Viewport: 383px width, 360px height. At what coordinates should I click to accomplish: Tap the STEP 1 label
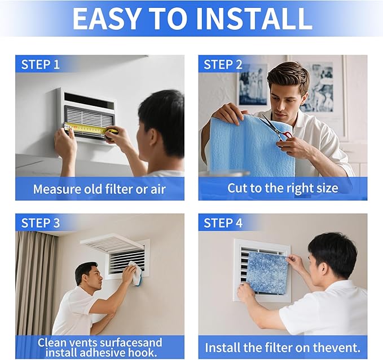40,64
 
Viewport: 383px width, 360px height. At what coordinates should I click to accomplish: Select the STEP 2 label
223,64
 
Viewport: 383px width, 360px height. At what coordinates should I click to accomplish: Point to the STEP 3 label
40,223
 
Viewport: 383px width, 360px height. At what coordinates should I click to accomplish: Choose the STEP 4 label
223,223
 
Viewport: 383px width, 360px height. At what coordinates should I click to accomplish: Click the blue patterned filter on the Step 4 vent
268,272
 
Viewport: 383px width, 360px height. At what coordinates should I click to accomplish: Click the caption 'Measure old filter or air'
99,188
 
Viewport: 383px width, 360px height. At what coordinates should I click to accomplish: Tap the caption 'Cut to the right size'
282,188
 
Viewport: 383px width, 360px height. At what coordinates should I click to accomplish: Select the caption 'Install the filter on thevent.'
282,347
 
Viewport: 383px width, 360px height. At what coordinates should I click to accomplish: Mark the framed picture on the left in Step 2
253,85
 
